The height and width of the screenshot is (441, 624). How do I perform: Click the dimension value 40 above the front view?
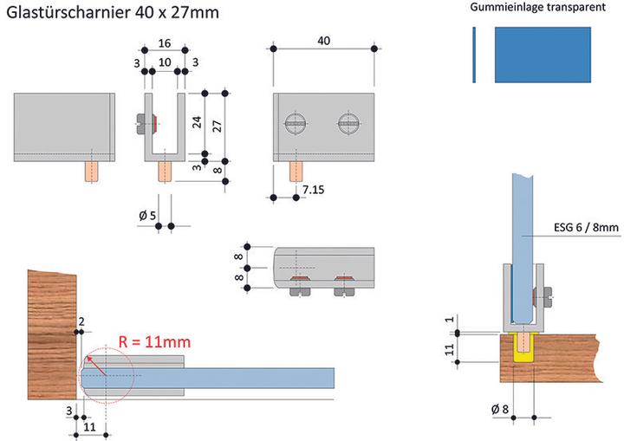[323, 41]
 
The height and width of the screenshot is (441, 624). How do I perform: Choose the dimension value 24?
[197, 121]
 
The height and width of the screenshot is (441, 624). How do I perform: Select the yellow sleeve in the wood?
[523, 348]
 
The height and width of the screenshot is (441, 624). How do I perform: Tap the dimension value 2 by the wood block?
[81, 322]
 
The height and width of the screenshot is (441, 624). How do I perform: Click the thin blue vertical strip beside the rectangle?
[474, 54]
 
